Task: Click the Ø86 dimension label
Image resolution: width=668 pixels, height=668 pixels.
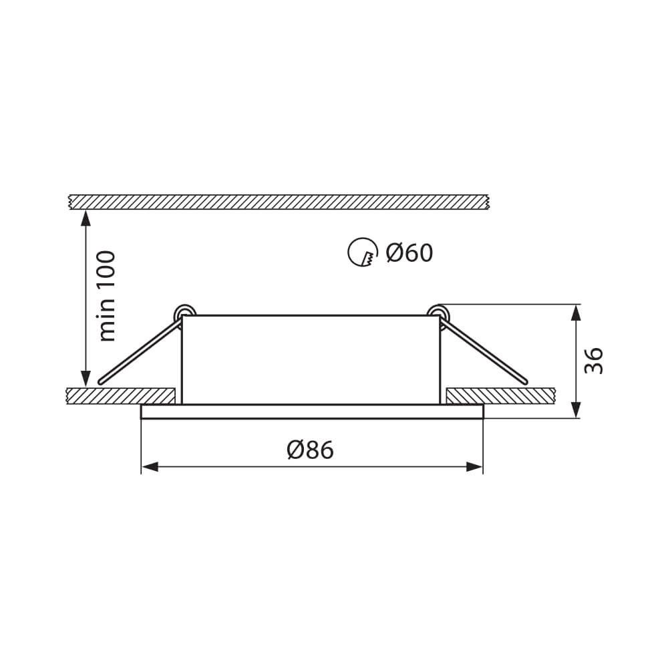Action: point(310,450)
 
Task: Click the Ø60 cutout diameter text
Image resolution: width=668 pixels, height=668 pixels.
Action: point(409,253)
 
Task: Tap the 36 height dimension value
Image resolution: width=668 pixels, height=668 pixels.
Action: point(595,361)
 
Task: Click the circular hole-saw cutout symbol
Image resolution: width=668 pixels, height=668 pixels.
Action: point(361,253)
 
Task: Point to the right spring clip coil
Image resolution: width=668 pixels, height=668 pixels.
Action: point(438,313)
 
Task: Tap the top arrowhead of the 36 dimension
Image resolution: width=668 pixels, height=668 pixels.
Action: point(576,311)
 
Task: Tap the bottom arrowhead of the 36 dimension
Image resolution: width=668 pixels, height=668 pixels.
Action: point(576,411)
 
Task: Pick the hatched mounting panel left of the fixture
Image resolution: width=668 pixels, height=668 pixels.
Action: point(120,395)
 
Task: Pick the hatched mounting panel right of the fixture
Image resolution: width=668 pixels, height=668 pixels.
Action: point(501,395)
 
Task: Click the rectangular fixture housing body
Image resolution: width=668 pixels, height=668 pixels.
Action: point(311,359)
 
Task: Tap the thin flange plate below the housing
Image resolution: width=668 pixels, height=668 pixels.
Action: point(311,411)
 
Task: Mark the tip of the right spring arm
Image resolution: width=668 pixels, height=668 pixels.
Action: point(525,381)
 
